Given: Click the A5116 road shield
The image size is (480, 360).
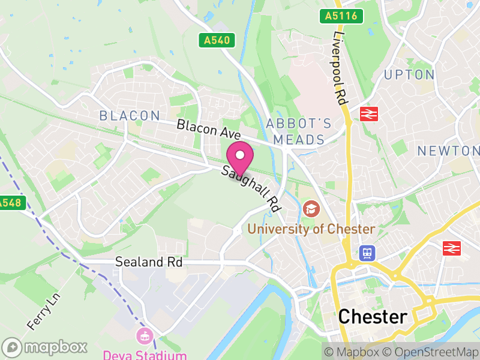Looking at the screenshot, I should point(341,16).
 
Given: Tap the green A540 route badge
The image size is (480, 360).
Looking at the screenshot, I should point(217,41).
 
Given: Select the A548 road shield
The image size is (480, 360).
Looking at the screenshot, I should point(10,203).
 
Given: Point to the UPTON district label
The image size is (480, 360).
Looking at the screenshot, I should point(409,75).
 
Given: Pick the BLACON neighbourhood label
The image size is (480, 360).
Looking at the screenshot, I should point(130,116).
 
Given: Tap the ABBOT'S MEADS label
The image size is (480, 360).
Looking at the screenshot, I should point(299,131).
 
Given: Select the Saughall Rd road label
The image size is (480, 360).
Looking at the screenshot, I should point(251,188).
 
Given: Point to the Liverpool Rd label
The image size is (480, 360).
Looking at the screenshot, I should point(340,66).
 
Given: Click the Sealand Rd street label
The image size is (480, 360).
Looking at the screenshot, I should point(148,262).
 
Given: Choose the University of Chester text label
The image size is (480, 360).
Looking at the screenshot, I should point(311,229).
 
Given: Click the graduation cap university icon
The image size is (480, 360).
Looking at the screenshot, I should point(311,209).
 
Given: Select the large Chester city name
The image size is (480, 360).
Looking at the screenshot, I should point(373,317).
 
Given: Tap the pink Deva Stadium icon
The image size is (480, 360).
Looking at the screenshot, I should point(145,335).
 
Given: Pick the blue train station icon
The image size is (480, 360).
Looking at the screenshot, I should point(366,253).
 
